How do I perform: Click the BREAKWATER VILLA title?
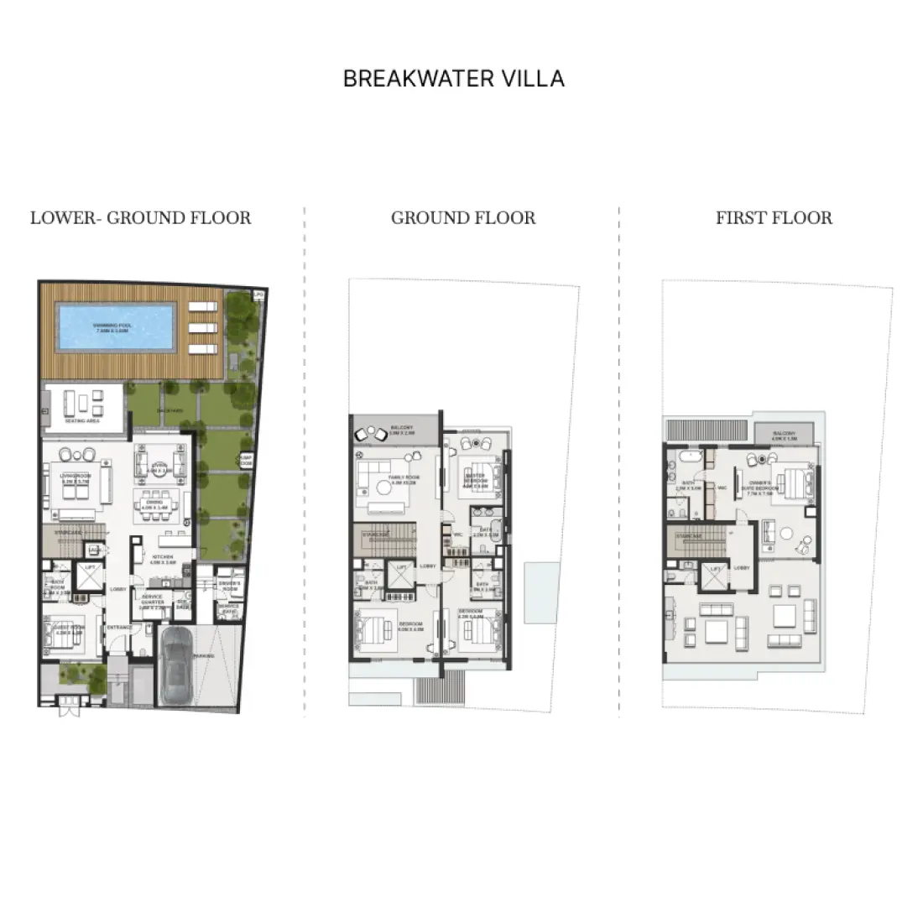tap(454, 79)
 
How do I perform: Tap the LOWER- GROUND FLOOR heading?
tap(140, 218)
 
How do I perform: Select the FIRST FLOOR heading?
tap(774, 218)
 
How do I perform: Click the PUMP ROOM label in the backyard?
tap(245, 460)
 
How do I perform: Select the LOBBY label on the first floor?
tap(741, 567)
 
